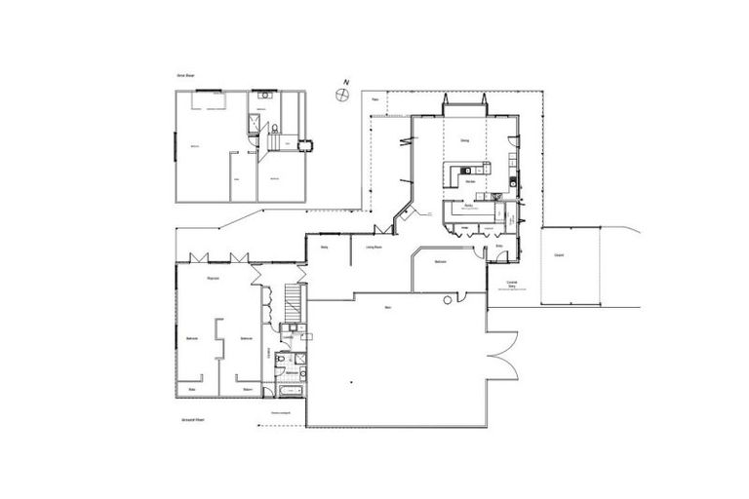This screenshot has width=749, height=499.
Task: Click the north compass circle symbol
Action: (340, 94)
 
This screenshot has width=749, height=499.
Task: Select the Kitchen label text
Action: (470, 181)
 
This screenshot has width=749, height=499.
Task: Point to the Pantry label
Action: (468, 206)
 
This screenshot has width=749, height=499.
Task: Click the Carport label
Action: (559, 255)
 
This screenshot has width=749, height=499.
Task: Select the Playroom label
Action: (212, 280)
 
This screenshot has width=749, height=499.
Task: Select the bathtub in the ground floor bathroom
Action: (291, 391)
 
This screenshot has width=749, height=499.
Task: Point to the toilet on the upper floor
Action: (277, 127)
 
